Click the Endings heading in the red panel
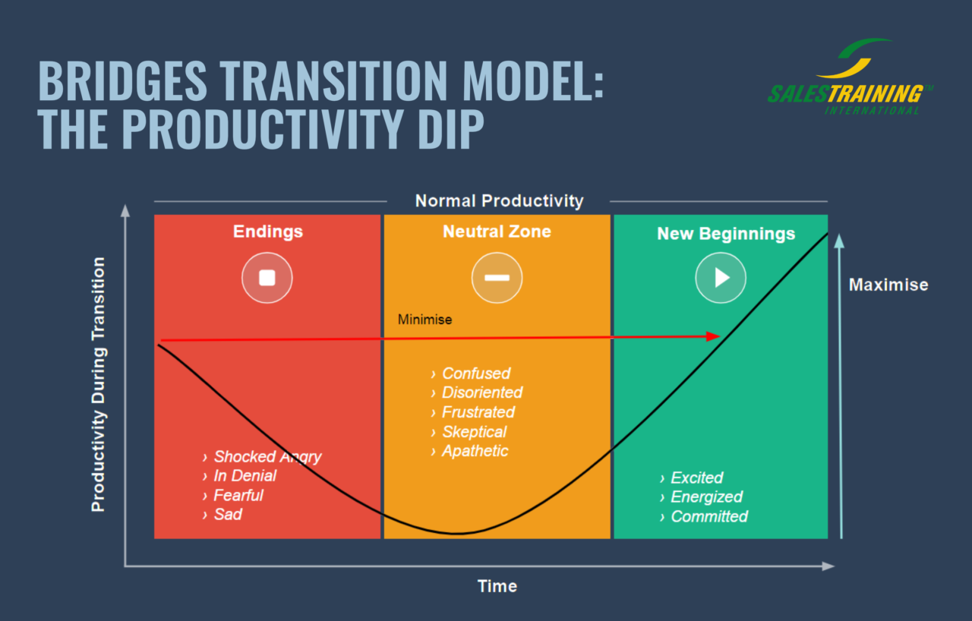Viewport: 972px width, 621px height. coord(267,232)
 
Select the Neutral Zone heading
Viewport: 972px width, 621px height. coord(497,232)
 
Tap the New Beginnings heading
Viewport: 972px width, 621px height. coord(725,234)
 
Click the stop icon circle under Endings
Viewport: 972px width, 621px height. coord(267,278)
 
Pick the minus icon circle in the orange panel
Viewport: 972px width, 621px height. coord(497,278)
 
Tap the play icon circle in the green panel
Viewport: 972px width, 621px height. coord(721,278)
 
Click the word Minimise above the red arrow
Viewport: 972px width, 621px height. coord(424,320)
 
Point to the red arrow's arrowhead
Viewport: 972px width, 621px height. coord(712,336)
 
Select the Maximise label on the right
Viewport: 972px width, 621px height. coord(888,285)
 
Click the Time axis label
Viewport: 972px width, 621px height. coord(497,586)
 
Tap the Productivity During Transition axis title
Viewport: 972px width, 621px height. coord(99,384)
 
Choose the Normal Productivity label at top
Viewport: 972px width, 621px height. coord(499,201)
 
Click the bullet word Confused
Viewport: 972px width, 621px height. coord(476,374)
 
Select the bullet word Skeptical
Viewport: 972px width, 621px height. coord(474,432)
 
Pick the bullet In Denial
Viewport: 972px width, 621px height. coord(245,476)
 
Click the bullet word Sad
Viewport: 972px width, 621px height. coord(228,515)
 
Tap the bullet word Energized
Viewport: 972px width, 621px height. coord(706,497)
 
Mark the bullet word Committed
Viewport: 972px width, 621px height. coord(709,517)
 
